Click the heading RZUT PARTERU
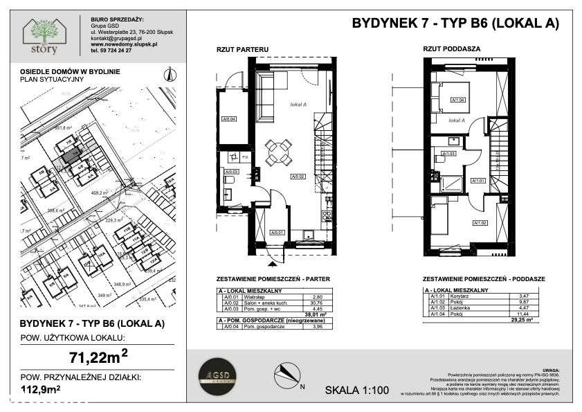point(239,49)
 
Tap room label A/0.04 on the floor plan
point(229,119)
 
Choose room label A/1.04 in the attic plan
point(457,100)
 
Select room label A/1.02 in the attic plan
point(479,222)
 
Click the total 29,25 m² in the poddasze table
point(520,319)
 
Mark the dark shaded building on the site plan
point(69,155)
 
